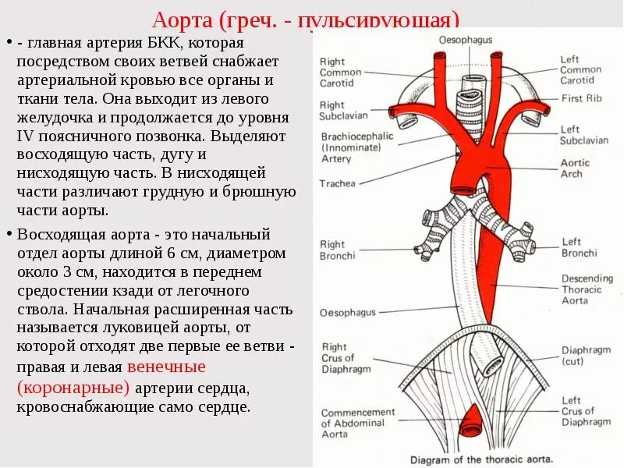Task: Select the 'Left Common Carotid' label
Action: tap(580, 69)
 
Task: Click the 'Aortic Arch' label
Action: tap(576, 168)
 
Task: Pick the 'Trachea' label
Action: tap(337, 184)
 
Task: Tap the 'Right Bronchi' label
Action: tap(337, 250)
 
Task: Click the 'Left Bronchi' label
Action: tap(579, 247)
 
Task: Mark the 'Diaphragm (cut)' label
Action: tap(586, 356)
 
